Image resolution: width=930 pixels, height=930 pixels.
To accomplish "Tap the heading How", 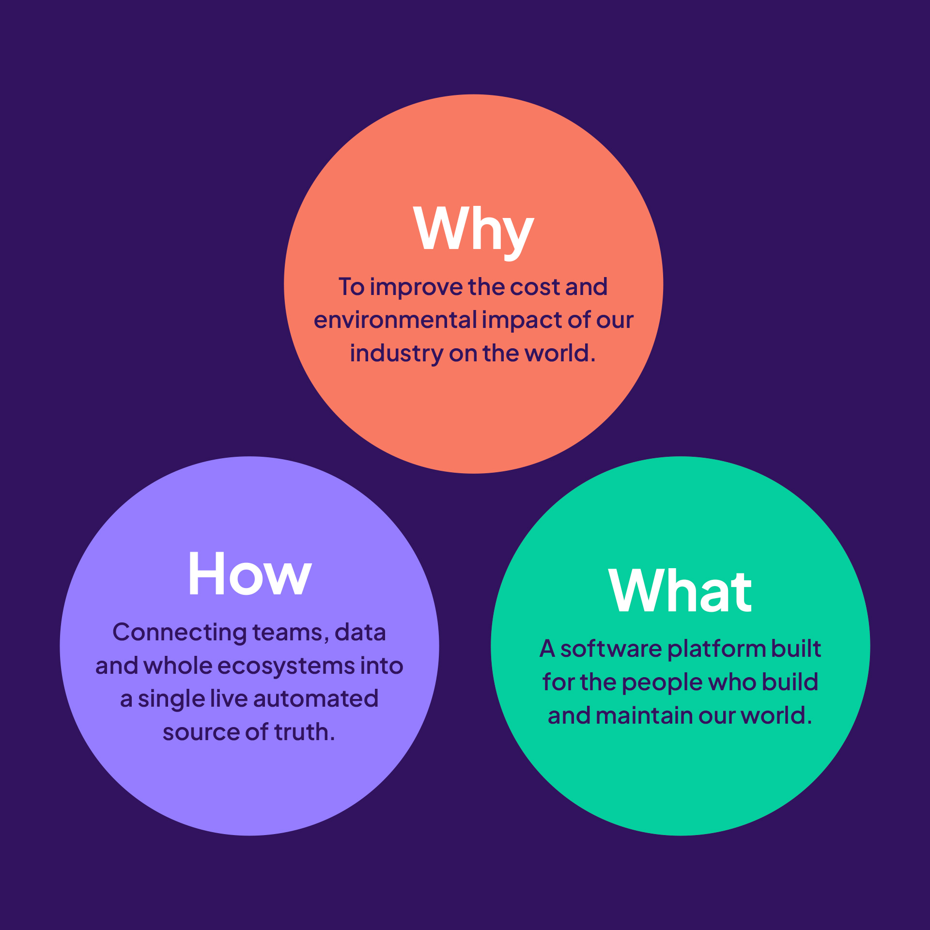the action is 250,574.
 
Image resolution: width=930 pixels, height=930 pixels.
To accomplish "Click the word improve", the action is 416,288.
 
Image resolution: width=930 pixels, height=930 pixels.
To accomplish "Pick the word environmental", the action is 395,320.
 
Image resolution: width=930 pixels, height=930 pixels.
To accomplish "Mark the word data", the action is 360,633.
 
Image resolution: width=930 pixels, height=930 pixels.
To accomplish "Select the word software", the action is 611,649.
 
